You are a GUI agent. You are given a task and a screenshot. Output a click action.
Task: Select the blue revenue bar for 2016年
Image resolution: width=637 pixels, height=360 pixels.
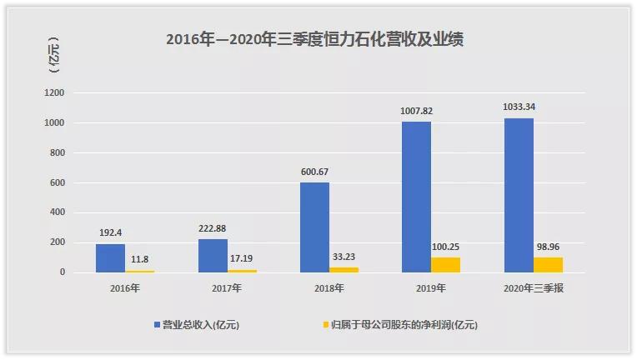tap(110, 257)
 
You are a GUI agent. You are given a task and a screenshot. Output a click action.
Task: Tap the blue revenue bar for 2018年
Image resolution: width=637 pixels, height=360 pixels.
tap(314, 227)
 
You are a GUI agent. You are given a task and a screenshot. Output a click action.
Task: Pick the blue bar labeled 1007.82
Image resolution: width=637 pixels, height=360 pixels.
tap(416, 197)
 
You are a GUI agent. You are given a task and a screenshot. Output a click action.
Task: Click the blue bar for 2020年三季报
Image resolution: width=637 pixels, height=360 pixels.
tap(519, 195)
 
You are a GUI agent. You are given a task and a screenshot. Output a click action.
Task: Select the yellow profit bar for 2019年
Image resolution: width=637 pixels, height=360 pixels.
tap(445, 265)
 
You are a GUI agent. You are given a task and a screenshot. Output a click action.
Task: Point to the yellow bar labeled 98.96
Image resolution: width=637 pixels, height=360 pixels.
tap(548, 265)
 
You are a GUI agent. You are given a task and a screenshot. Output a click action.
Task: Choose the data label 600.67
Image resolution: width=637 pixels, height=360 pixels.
tap(314, 173)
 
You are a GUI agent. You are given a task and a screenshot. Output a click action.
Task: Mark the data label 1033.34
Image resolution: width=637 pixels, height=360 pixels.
tap(519, 108)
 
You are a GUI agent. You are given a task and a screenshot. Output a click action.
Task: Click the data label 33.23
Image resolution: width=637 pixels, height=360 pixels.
tap(344, 257)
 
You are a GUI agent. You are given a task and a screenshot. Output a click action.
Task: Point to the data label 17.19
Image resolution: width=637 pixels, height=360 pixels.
tap(242, 260)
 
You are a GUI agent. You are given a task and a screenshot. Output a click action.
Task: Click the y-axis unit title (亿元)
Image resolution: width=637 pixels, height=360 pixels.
tap(56, 56)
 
